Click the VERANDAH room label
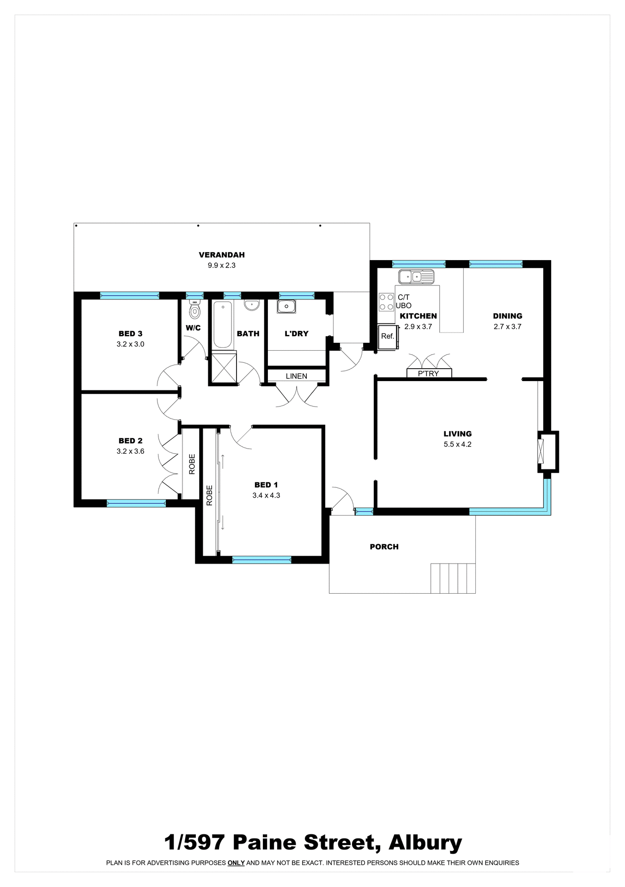coord(221,255)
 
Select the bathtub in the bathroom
coord(223,325)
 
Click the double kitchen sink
coord(416,277)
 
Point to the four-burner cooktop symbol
coord(386,302)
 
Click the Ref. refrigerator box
coord(388,337)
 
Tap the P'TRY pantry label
coord(428,373)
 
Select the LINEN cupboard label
coord(296,376)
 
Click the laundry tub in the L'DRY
coord(286,306)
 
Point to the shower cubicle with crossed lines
coord(223,368)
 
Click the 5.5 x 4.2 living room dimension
coord(457,444)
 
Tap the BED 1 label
coord(266,485)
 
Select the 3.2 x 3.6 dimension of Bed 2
coord(130,451)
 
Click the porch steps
coord(453,578)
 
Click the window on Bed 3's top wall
coord(129,296)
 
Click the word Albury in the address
coord(425,843)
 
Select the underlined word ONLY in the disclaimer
coord(236,863)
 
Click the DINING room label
coord(507,316)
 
